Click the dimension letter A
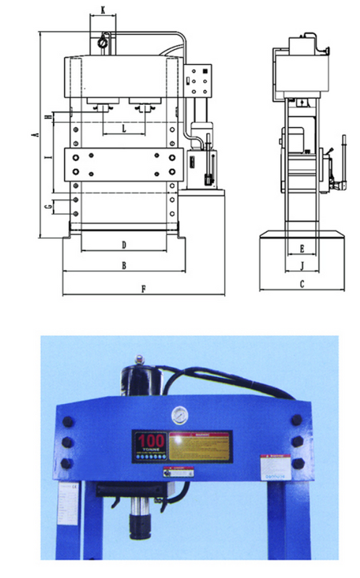34,135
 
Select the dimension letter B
124,266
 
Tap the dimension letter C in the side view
301,284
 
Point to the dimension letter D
124,244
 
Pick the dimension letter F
144,289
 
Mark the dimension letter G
47,207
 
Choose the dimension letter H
47,116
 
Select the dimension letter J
301,265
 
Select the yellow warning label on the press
200,445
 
